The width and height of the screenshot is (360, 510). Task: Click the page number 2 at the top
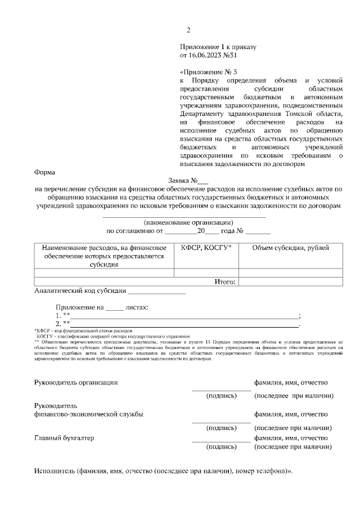pos(189,30)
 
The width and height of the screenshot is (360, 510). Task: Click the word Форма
pos(44,173)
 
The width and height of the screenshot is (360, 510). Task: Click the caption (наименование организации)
pos(184,222)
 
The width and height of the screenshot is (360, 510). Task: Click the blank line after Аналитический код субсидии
pos(157,292)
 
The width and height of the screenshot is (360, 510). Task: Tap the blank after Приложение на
pos(114,308)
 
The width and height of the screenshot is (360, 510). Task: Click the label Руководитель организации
pos(76,383)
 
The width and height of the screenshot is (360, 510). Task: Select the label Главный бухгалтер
pos(64,437)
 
